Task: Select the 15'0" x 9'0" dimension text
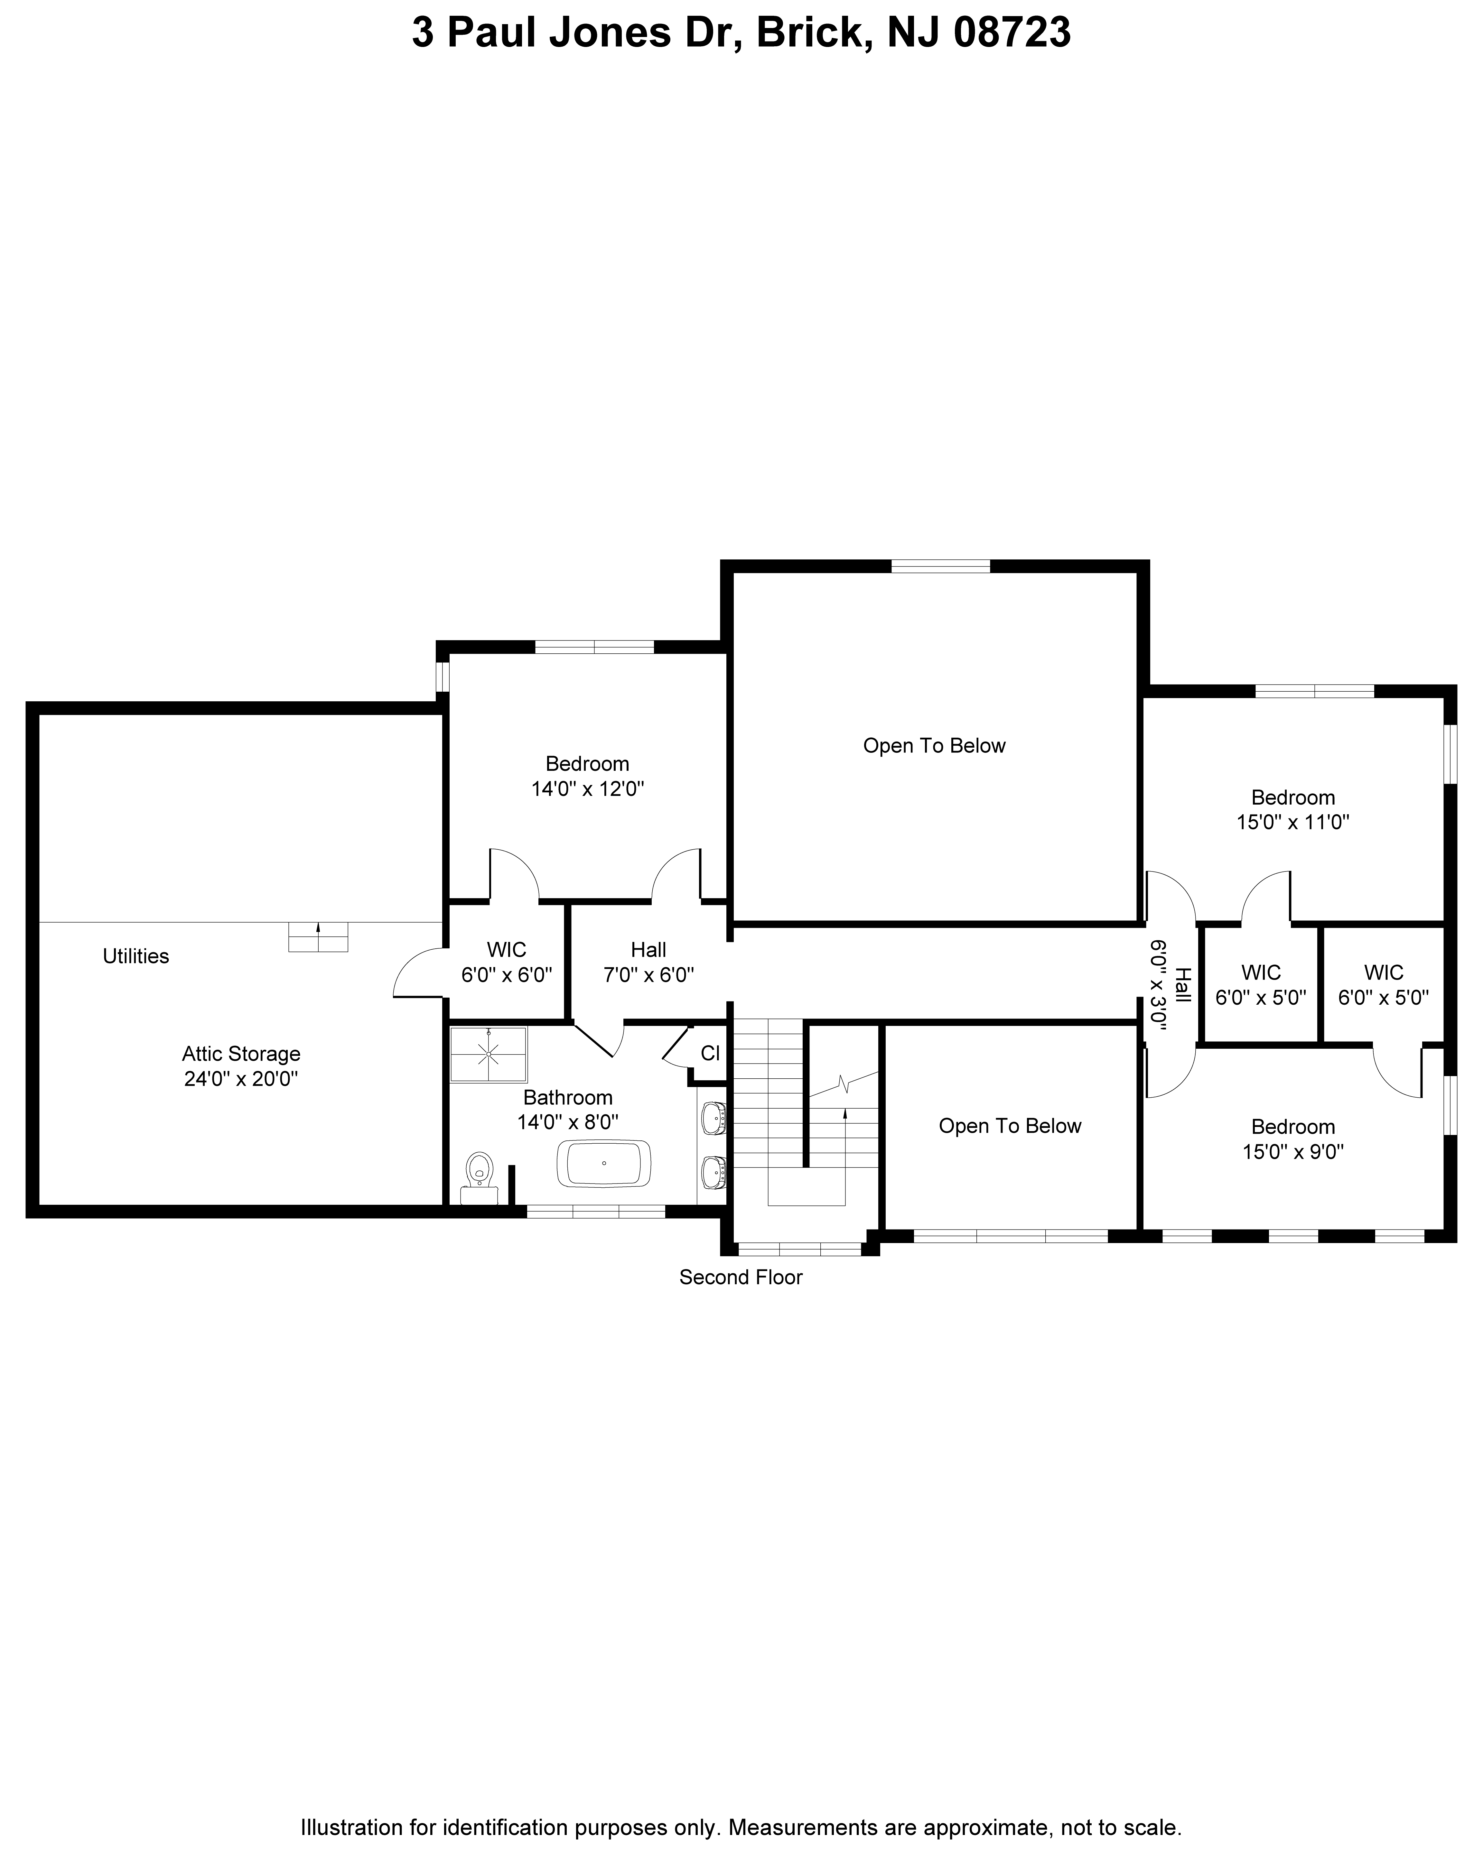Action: pos(1293,1152)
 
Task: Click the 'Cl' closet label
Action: pos(710,1053)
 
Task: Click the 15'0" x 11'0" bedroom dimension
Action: pos(1293,822)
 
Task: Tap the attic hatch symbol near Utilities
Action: pos(318,937)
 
